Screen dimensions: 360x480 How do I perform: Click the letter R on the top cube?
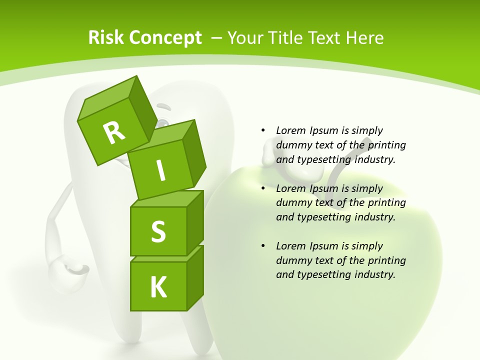[x=114, y=132]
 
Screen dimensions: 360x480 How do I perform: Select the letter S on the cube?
[x=158, y=232]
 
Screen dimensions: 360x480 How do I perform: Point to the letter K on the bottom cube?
[x=158, y=287]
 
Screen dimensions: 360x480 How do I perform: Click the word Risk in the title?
[x=106, y=38]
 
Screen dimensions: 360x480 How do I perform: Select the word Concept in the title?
[x=165, y=38]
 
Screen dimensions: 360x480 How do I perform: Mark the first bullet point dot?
[x=263, y=130]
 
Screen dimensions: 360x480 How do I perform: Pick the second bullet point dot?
[x=263, y=188]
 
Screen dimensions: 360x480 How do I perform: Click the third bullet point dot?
[x=263, y=246]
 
